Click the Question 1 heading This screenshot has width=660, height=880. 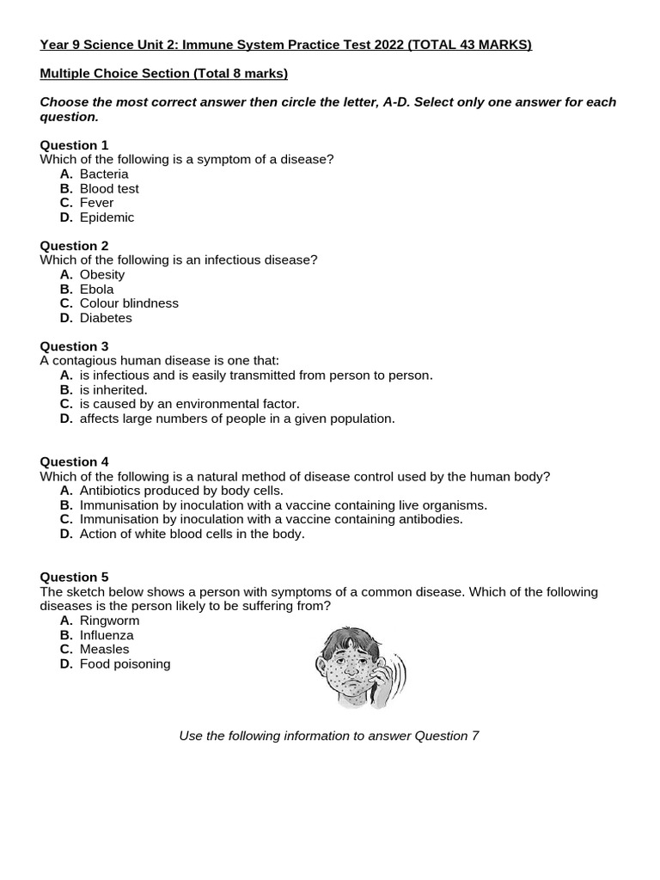click(x=74, y=145)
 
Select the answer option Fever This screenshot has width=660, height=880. click(x=96, y=203)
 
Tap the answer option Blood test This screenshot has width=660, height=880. click(x=108, y=188)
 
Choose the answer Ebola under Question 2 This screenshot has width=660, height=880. click(x=96, y=290)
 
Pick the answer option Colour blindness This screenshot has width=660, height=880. click(x=129, y=303)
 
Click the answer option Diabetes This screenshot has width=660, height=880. click(x=106, y=318)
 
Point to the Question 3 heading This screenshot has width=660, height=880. click(x=74, y=346)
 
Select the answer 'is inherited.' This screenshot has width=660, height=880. click(x=113, y=390)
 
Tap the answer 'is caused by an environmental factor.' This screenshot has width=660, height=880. click(x=189, y=404)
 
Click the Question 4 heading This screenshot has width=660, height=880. click(x=74, y=461)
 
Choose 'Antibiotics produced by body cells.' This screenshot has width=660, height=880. click(x=180, y=491)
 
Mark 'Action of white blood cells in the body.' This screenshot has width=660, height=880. click(x=192, y=534)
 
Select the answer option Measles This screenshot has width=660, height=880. click(x=104, y=650)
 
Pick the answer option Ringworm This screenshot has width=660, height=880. click(x=109, y=620)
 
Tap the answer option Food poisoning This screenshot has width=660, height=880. click(x=125, y=664)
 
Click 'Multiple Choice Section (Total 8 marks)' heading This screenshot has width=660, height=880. click(x=164, y=74)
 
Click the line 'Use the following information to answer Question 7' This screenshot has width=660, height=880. click(x=328, y=736)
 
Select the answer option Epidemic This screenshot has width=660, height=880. click(x=107, y=217)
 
